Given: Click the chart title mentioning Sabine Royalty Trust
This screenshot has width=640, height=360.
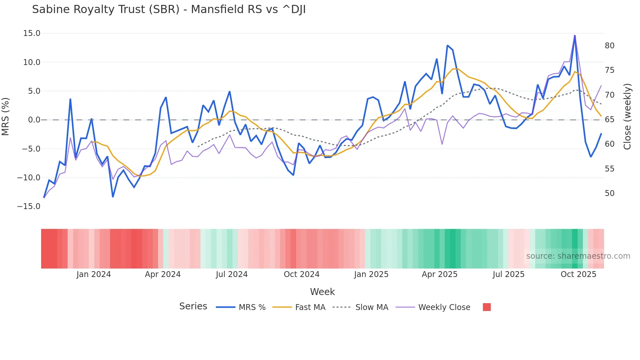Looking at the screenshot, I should pos(169,9).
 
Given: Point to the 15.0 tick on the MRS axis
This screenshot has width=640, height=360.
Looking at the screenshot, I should pos(32,33).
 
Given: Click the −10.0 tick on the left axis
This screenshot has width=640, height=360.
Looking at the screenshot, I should pos(29,178).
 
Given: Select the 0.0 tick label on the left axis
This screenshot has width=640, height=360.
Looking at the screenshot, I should pos(34,120).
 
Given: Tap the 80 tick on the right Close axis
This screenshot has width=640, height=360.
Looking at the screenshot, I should pos(609,46).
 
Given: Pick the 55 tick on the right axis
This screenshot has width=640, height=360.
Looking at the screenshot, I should pos(609,169).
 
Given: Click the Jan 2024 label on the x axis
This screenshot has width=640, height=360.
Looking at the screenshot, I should pos(94,274).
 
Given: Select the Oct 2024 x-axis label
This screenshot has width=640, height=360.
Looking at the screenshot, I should pos(301,274).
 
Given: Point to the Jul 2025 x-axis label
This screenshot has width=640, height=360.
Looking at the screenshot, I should pos(508,274).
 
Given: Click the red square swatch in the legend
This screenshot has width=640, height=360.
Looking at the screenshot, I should pos(487,307).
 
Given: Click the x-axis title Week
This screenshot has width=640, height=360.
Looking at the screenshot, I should pos(322,292).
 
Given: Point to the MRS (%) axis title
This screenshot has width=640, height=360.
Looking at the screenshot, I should pos(6,116).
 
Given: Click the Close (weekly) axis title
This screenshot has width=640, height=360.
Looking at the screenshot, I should pos(627,117).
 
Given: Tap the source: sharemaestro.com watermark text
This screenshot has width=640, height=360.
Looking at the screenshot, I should pos(578,256).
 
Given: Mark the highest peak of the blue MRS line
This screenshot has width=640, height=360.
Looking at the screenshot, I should pos(575,36).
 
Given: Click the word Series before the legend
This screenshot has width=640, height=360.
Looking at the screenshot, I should pos(193,306).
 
